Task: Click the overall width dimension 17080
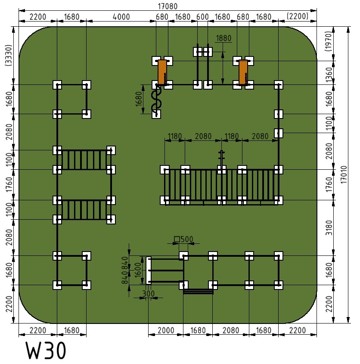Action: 168,6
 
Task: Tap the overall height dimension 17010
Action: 344,174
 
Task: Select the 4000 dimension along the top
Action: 121,17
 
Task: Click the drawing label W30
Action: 46,351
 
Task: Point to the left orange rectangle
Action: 162,72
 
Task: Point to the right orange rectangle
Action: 243,72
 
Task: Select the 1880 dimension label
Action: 223,38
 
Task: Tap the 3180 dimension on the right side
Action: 329,228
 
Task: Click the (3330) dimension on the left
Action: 8,56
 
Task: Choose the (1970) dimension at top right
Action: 329,41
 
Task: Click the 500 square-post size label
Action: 183,239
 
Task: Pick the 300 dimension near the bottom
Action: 148,293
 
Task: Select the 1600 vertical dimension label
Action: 138,270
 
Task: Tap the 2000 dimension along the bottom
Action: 166,330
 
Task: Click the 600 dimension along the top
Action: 202,17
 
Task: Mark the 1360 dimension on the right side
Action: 329,75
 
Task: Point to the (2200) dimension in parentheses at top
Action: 298,16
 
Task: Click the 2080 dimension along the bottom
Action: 231,330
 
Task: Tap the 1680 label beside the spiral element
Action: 139,100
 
